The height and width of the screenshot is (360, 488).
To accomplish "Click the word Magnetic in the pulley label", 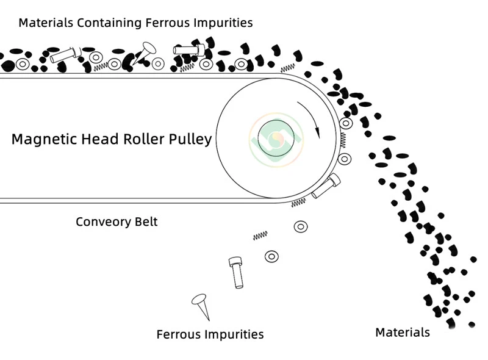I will [x=41, y=139].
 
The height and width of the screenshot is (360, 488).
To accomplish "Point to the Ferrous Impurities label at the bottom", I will [x=210, y=334].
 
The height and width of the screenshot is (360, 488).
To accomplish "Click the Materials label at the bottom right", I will [x=402, y=333].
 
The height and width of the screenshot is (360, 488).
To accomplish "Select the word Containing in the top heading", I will [x=109, y=23].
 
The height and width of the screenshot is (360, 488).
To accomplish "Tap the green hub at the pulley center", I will [x=276, y=139].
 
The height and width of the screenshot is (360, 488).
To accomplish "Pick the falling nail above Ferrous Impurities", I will [x=201, y=305].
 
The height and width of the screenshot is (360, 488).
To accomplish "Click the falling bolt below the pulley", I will [x=236, y=272].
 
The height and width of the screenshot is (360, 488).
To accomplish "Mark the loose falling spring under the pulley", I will [x=260, y=236].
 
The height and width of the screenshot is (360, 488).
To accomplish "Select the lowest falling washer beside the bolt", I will [x=271, y=256].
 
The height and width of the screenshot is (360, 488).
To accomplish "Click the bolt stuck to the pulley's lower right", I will [x=325, y=186].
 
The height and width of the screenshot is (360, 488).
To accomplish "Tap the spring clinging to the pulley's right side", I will [x=343, y=140].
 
